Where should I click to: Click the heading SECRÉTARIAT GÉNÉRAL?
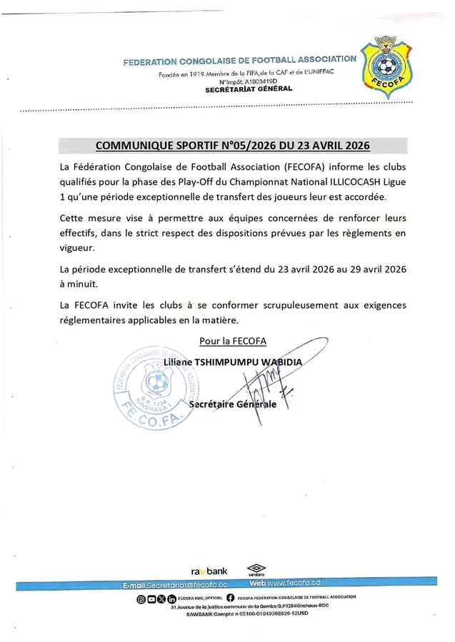pyautogui.click(x=249, y=89)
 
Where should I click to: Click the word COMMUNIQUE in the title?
pyautogui.click(x=134, y=146)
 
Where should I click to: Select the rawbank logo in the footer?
pyautogui.click(x=209, y=571)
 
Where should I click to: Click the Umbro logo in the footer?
pyautogui.click(x=255, y=571)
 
